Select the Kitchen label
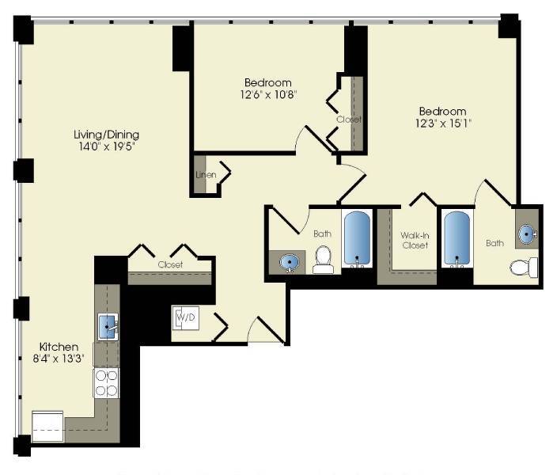coord(59,347)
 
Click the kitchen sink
coord(108,325)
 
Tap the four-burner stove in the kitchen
coord(107,382)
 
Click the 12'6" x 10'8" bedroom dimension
coord(267,95)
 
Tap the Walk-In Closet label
coord(415,240)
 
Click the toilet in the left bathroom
coord(323,259)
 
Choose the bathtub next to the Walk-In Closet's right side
coord(457,237)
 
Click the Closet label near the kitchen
coord(170,265)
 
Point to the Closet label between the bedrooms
coord(348,120)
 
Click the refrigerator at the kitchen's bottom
coord(47,424)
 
